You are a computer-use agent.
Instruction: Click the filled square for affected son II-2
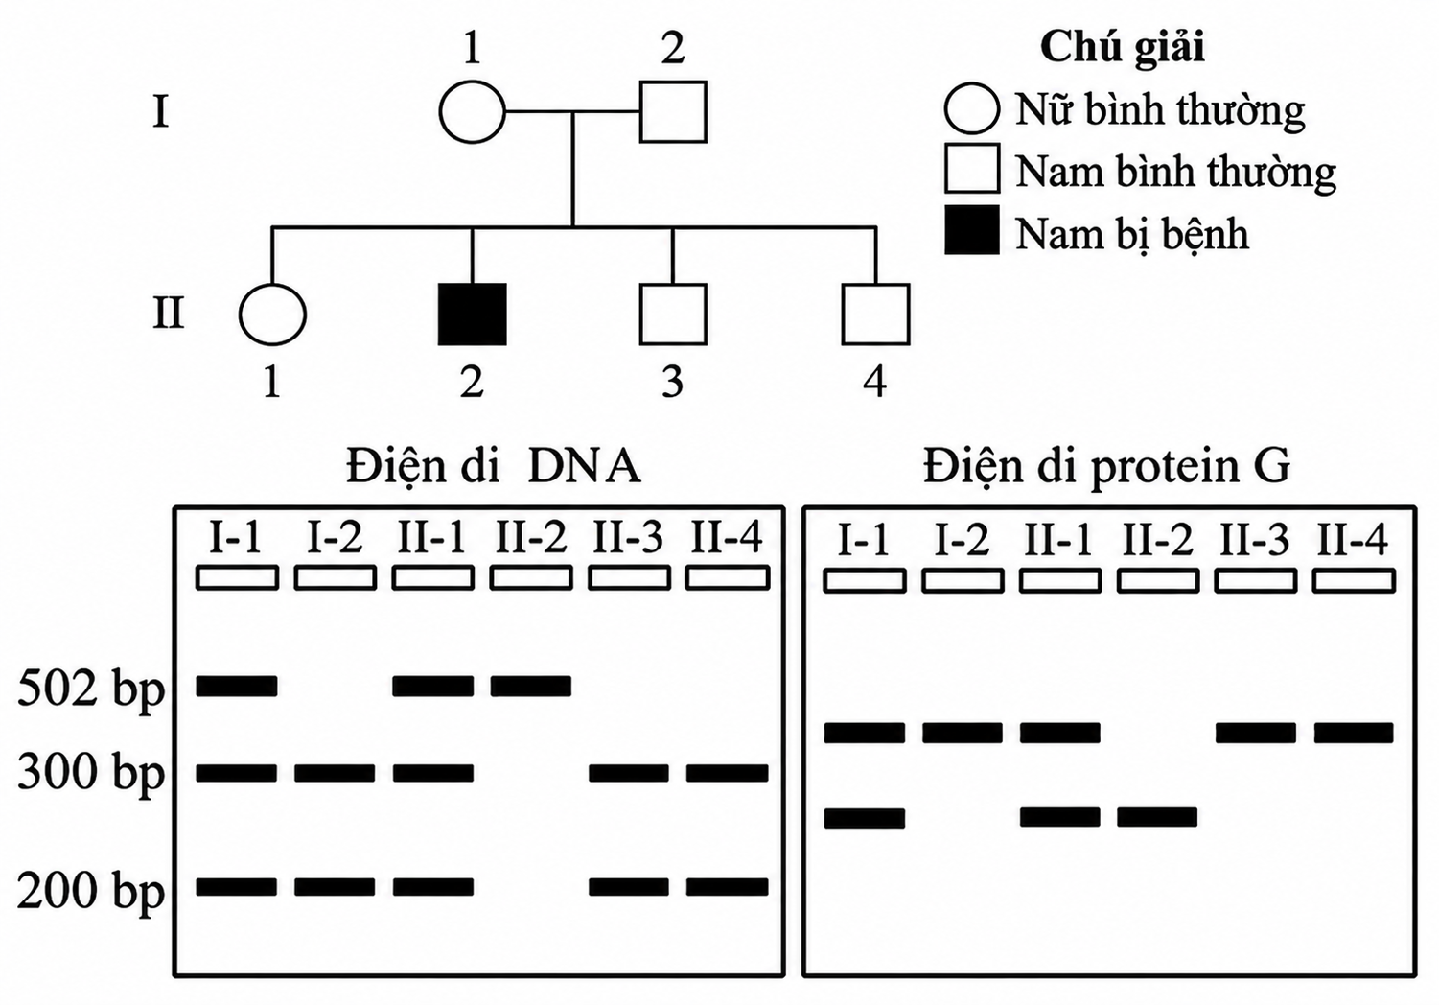(x=473, y=315)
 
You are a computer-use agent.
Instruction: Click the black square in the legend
(x=972, y=230)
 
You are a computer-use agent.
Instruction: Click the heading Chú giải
(x=1123, y=48)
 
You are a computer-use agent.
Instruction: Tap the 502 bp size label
(x=90, y=689)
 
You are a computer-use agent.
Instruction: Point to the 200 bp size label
(x=90, y=891)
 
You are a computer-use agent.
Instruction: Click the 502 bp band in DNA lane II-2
(x=530, y=686)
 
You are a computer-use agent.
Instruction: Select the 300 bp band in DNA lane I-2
(x=335, y=772)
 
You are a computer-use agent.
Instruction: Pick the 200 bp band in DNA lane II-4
(x=728, y=887)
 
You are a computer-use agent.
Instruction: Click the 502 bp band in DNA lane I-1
(x=237, y=686)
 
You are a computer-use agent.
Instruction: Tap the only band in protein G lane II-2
(x=1158, y=817)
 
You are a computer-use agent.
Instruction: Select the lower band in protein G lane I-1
(x=865, y=818)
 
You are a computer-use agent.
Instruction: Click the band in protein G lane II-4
(x=1354, y=733)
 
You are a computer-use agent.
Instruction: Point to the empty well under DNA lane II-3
(x=629, y=577)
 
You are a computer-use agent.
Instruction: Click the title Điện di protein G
(x=1107, y=468)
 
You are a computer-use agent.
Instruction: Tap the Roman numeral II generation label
(x=169, y=314)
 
